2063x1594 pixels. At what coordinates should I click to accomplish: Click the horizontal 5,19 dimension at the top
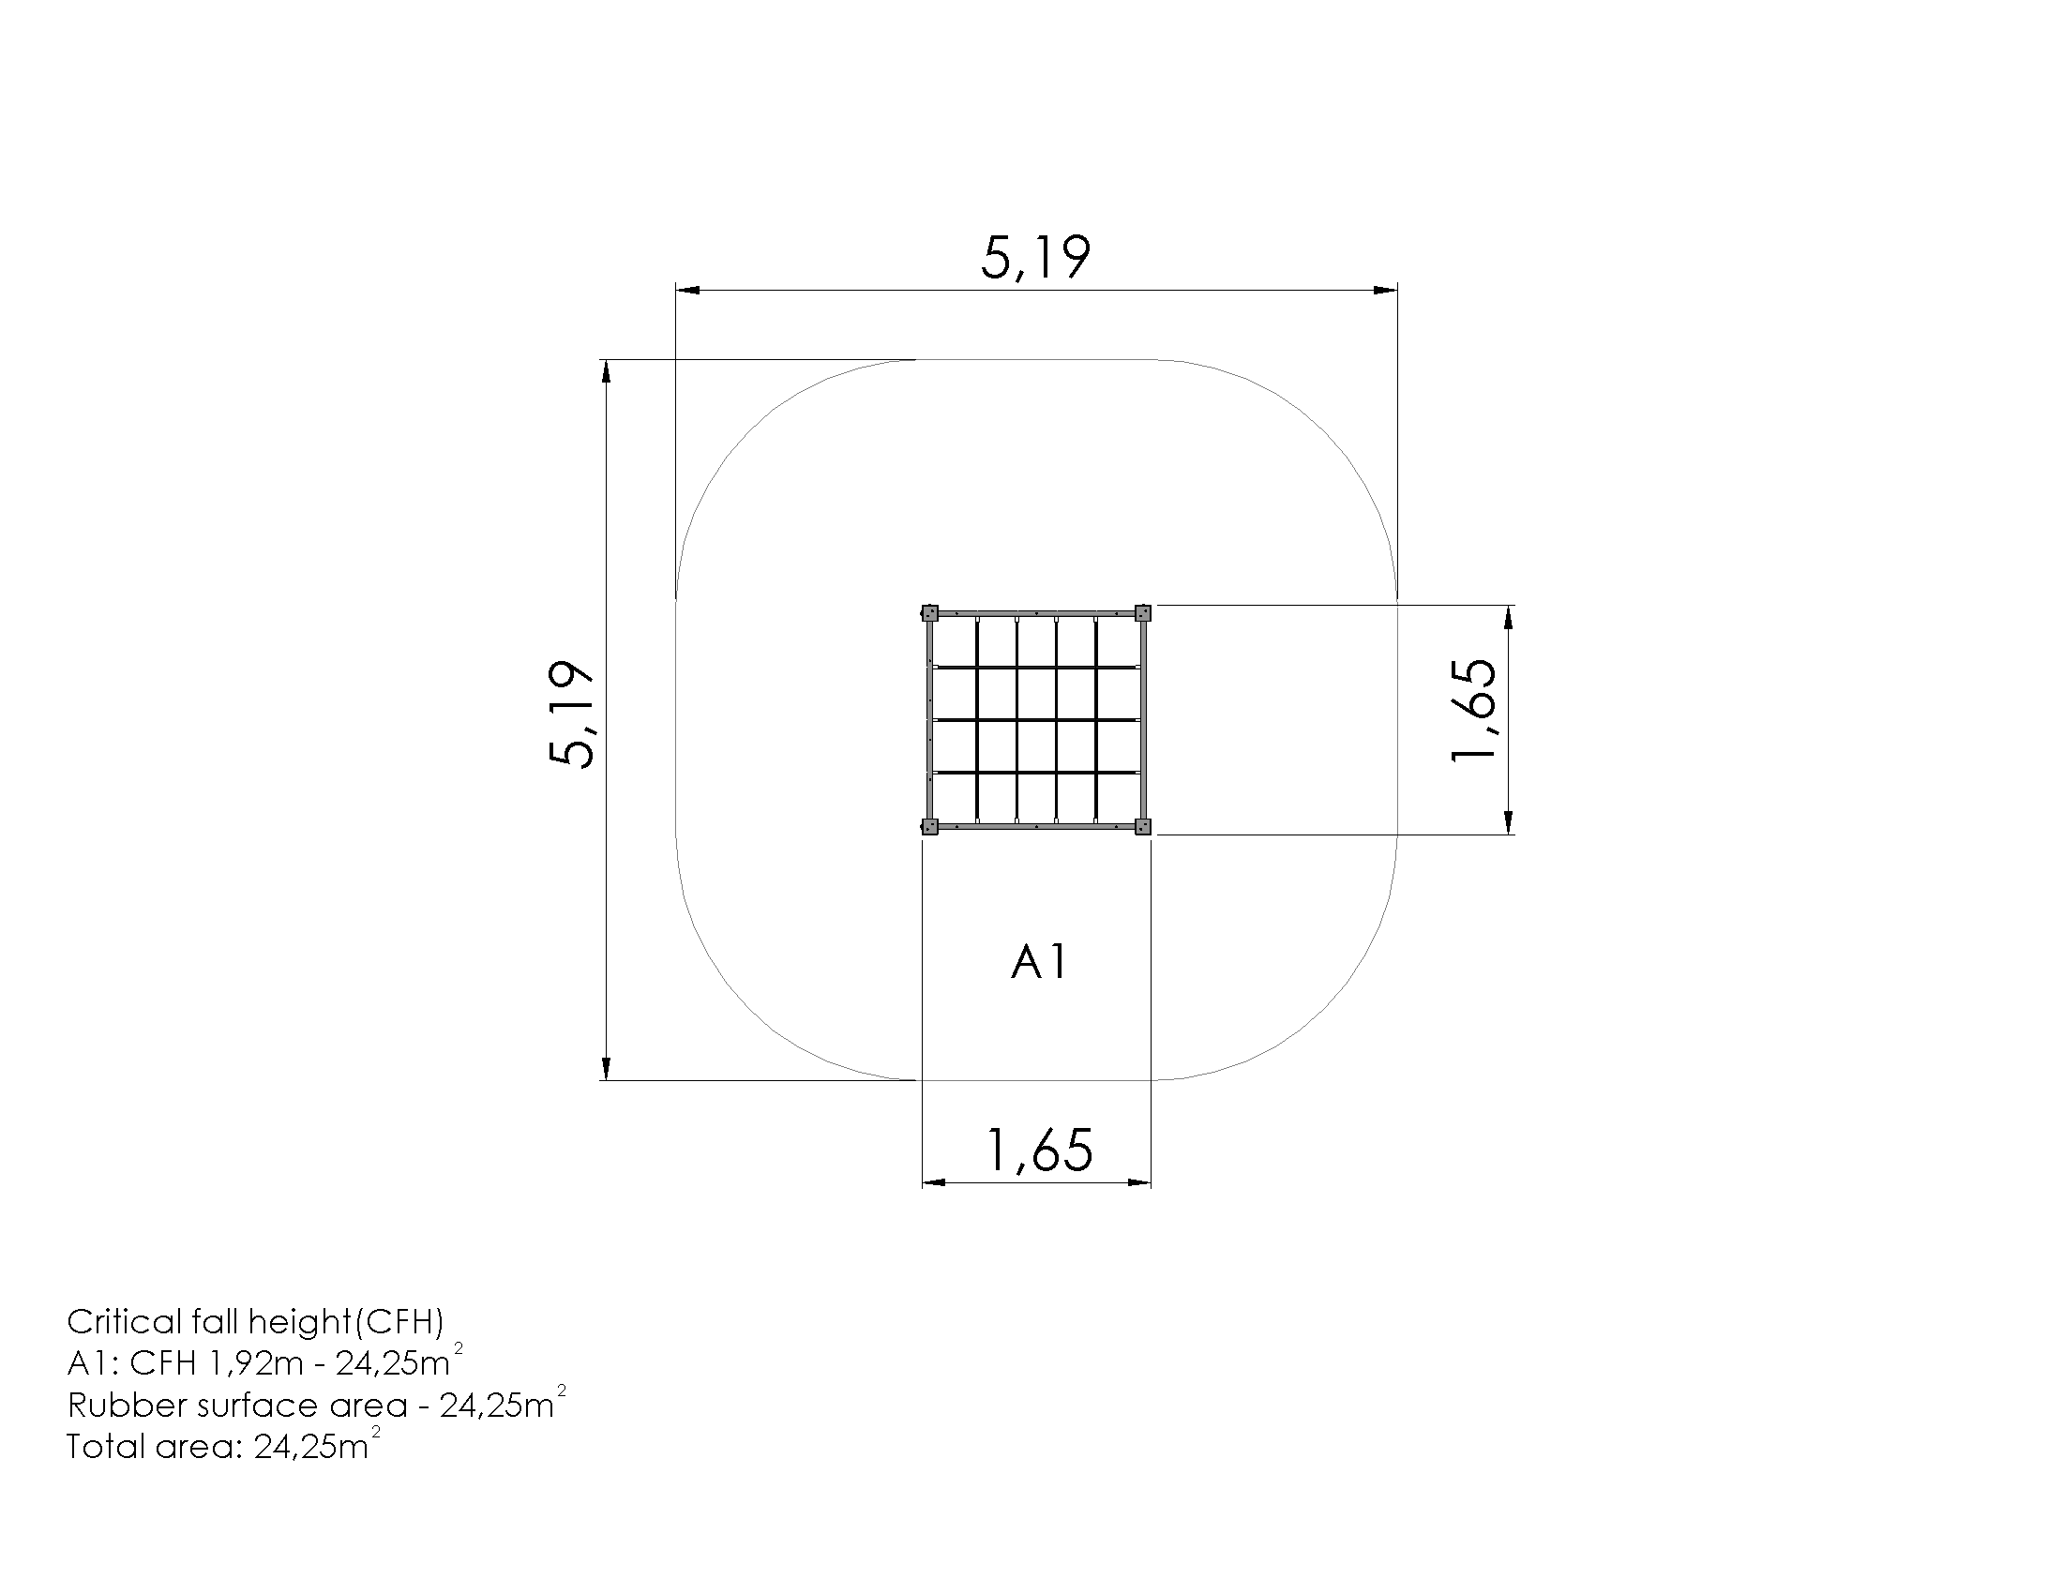tap(1035, 258)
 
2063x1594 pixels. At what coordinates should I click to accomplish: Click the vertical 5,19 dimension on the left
tap(571, 714)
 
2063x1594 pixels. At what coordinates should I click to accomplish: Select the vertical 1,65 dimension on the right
tap(1473, 709)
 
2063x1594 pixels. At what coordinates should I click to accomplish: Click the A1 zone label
tap(1039, 963)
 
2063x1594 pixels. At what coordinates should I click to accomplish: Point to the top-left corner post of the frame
tap(929, 613)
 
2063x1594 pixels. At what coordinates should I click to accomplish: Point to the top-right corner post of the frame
tap(1143, 613)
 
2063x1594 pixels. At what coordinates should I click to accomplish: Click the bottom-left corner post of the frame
tap(929, 827)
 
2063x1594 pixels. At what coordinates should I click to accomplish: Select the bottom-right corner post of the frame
tap(1143, 827)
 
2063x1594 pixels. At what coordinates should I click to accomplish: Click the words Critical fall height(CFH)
tap(255, 1323)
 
